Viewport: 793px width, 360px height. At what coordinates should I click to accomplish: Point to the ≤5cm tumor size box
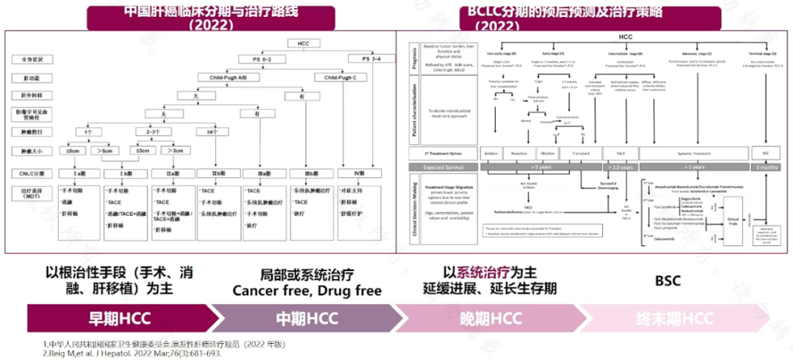click(x=72, y=151)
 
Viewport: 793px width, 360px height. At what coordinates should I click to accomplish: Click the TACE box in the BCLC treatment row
click(x=612, y=154)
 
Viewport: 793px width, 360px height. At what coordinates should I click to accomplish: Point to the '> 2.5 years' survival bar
click(x=612, y=168)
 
